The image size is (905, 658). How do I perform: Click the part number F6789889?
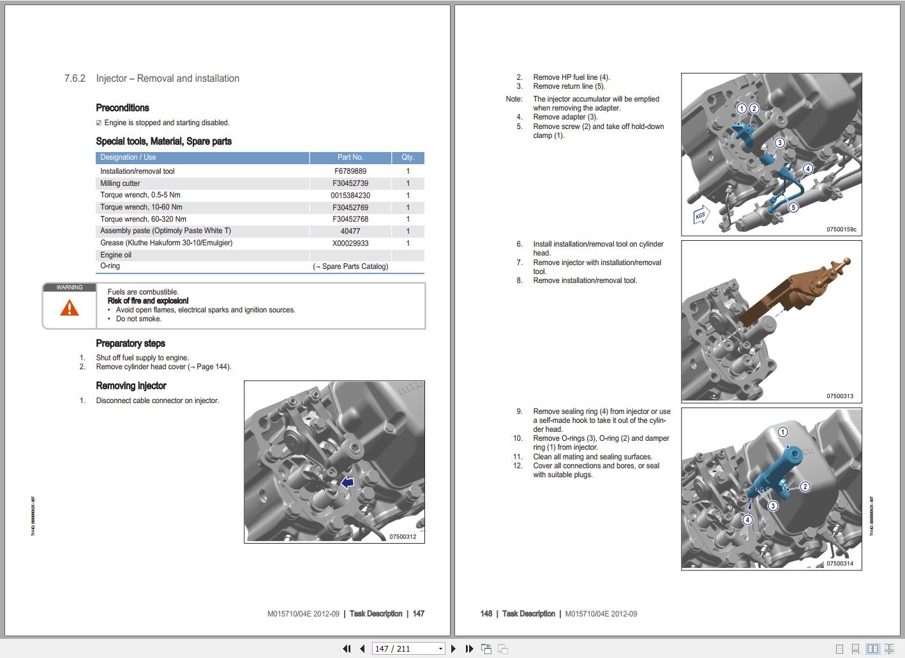[350, 171]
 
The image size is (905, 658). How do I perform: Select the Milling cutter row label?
[120, 183]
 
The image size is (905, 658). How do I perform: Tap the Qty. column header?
[408, 157]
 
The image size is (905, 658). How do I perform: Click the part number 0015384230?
[350, 195]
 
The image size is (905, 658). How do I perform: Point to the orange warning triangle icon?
[70, 309]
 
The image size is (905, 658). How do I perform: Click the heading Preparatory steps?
[130, 344]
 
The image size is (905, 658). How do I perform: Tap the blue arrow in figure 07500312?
[347, 483]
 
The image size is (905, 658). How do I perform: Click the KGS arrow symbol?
[701, 215]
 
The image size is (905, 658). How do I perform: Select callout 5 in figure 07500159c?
[793, 207]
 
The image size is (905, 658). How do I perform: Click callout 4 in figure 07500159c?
[807, 169]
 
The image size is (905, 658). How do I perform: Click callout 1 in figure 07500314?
[782, 432]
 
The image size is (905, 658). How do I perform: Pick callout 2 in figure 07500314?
[805, 487]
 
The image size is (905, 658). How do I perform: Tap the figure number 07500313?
[839, 396]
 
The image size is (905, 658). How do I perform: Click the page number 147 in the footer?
[418, 614]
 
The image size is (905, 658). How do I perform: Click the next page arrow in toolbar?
[453, 648]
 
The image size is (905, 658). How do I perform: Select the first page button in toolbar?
[347, 648]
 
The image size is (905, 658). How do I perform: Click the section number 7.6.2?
[75, 79]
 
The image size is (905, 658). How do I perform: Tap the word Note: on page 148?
[514, 99]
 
